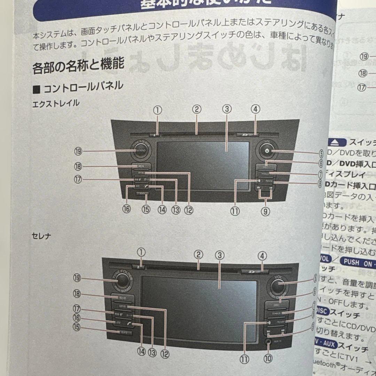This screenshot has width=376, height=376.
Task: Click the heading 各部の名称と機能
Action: [x=78, y=66]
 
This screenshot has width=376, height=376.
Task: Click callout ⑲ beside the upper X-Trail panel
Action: [x=77, y=151]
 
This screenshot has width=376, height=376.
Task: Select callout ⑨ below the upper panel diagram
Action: [x=265, y=211]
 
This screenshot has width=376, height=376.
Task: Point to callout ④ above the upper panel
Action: [x=255, y=109]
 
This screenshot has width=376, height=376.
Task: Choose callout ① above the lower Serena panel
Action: [x=141, y=252]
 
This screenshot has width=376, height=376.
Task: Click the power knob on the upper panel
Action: [x=267, y=151]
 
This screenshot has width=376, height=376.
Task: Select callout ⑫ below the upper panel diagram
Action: [x=188, y=210]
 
